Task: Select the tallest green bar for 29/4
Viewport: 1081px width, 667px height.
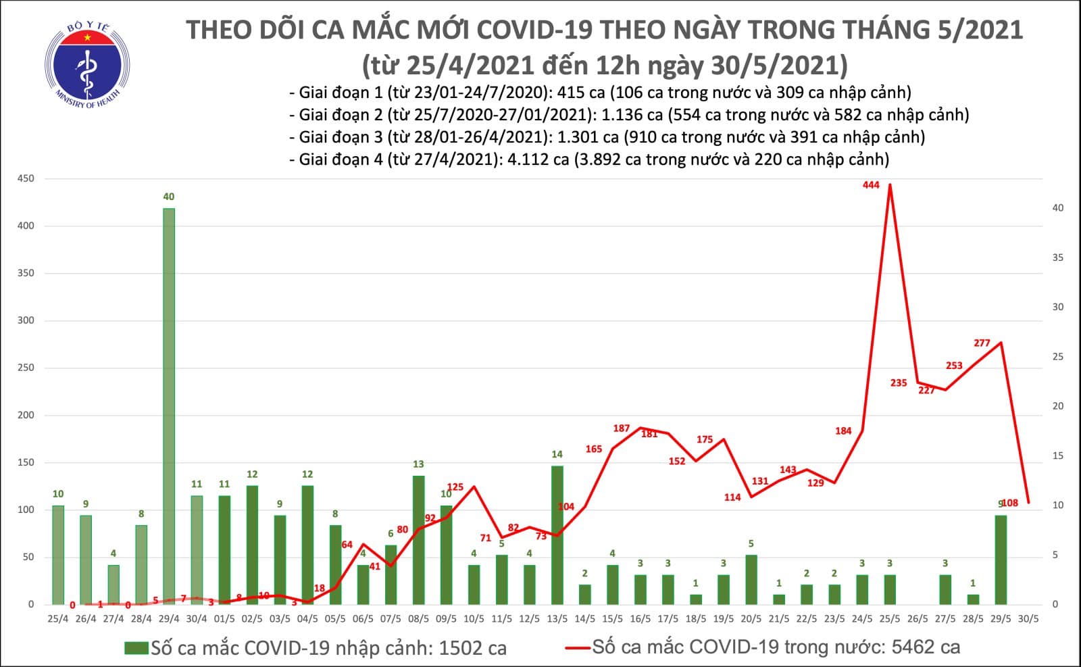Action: pos(169,405)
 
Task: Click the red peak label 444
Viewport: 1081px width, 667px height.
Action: pos(871,184)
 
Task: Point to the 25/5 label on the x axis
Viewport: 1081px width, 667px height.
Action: pos(890,618)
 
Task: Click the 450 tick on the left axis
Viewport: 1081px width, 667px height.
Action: pos(26,178)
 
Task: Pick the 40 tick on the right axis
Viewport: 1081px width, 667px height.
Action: pos(1057,208)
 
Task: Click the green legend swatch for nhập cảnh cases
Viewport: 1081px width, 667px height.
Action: pos(136,648)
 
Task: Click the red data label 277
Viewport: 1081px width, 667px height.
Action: pos(982,343)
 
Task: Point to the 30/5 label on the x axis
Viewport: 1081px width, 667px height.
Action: pos(1029,618)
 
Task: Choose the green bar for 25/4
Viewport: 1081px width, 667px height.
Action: pos(58,554)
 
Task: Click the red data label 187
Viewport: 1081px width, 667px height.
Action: pos(621,428)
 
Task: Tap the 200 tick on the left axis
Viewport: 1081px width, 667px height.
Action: pos(26,415)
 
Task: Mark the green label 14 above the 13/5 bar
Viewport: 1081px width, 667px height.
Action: pos(557,454)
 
